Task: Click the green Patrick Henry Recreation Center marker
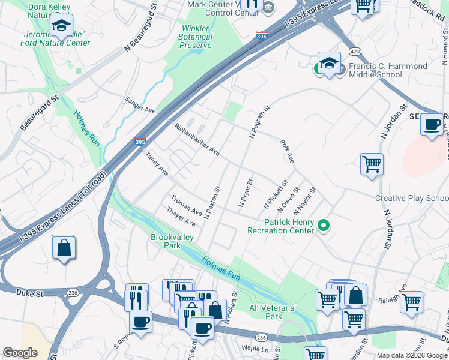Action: coord(324,226)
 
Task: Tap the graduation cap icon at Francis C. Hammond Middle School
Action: coord(329,64)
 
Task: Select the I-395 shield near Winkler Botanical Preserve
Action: coord(261,36)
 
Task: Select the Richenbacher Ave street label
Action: coord(196,139)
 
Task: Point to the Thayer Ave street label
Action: coord(182,217)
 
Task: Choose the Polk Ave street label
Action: coord(287,151)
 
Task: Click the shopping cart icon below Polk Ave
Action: coord(372,163)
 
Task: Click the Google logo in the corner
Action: coord(20,353)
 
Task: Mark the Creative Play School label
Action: coord(412,198)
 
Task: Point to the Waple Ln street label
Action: coord(255,349)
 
